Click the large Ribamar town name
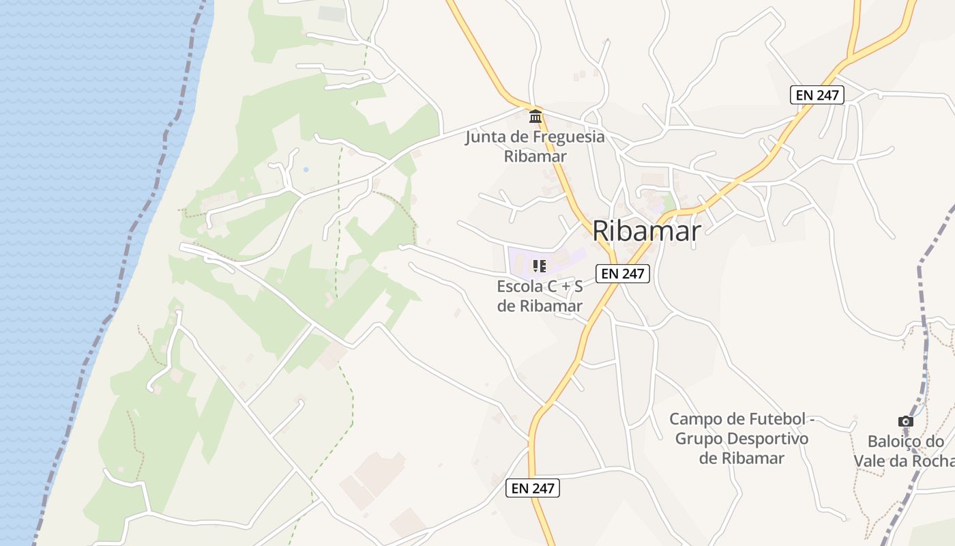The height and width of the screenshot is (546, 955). (646, 231)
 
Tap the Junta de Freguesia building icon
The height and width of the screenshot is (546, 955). (535, 116)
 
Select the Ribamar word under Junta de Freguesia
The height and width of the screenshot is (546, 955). (535, 156)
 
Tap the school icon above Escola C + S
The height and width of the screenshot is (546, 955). (540, 266)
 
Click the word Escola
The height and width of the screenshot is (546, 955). (520, 286)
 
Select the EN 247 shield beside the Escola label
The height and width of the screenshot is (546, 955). (623, 274)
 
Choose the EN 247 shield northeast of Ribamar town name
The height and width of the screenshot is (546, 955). (817, 95)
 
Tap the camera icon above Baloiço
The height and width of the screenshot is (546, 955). (905, 422)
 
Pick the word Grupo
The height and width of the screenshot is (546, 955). (698, 438)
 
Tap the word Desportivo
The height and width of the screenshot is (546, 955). (768, 438)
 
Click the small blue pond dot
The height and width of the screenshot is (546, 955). (305, 169)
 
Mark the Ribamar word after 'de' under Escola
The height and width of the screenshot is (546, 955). (551, 306)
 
